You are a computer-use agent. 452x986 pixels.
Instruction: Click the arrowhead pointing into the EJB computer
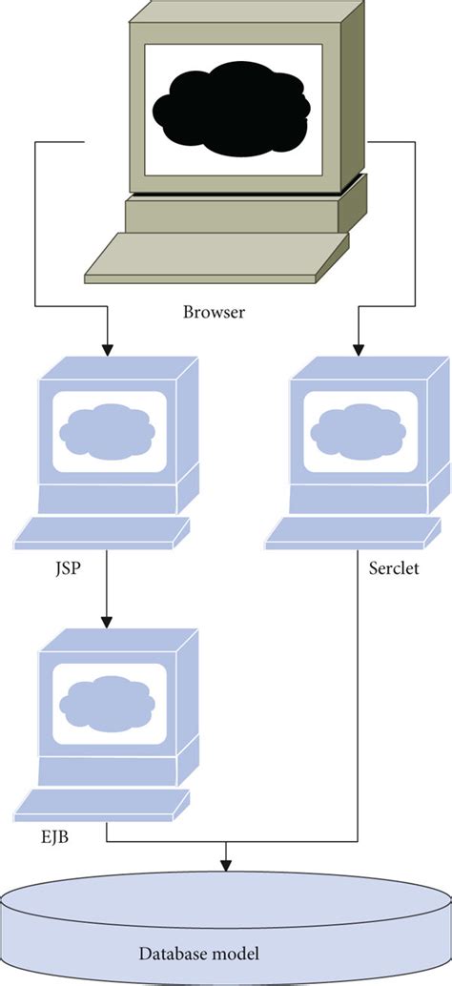pos(106,625)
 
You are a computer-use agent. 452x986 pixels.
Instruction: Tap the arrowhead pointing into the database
pos(226,864)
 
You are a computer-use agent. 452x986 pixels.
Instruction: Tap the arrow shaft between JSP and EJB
pos(106,591)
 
